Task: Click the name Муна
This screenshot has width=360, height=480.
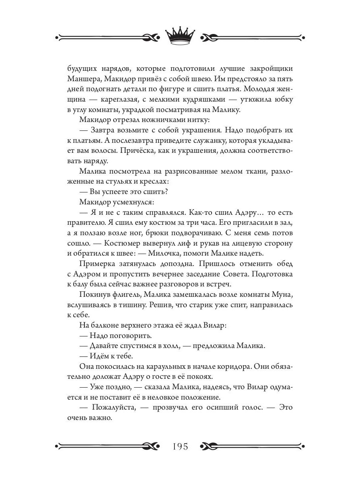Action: pyautogui.click(x=286, y=296)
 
